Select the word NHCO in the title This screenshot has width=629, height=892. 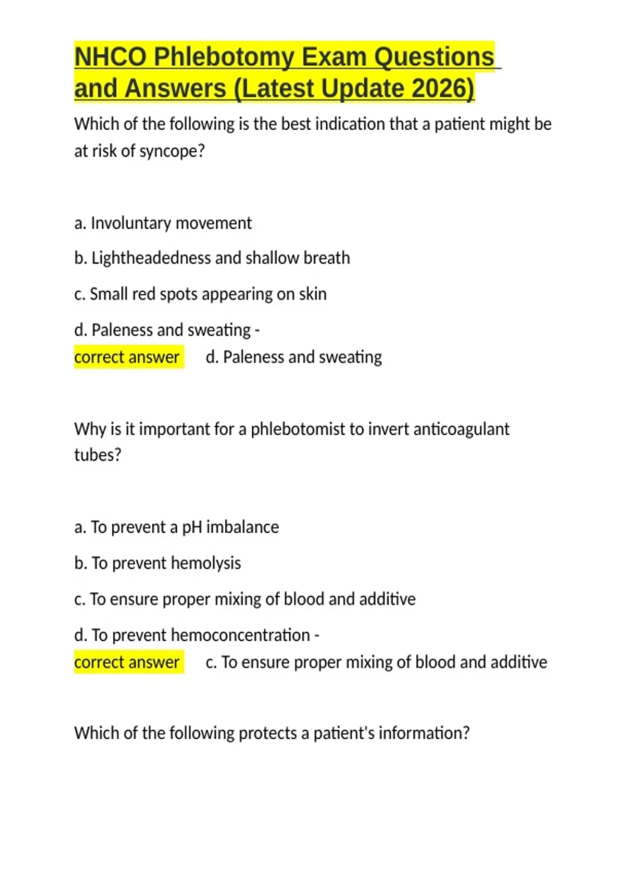[x=110, y=57]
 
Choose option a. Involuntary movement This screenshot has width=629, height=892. [x=163, y=224]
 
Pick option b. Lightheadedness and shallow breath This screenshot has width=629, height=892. [x=212, y=258]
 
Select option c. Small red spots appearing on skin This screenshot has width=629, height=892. [x=200, y=294]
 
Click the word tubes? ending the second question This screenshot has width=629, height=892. [x=97, y=455]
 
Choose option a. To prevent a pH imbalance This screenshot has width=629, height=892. [x=176, y=527]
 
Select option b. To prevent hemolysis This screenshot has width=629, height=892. [x=157, y=564]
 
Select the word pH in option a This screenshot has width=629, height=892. [x=192, y=527]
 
